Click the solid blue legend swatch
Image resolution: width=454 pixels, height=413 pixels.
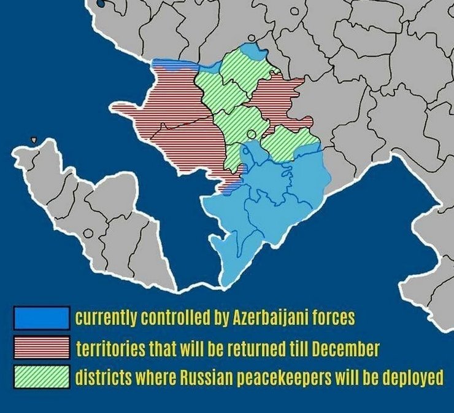click(x=41, y=318)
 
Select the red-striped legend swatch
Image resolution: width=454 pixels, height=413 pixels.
click(x=41, y=348)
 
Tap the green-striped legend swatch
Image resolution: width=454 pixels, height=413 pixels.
click(x=41, y=376)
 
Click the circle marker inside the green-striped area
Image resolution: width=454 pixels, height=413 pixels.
click(x=250, y=135)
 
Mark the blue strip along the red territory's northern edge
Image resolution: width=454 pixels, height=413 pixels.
click(x=178, y=63)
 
